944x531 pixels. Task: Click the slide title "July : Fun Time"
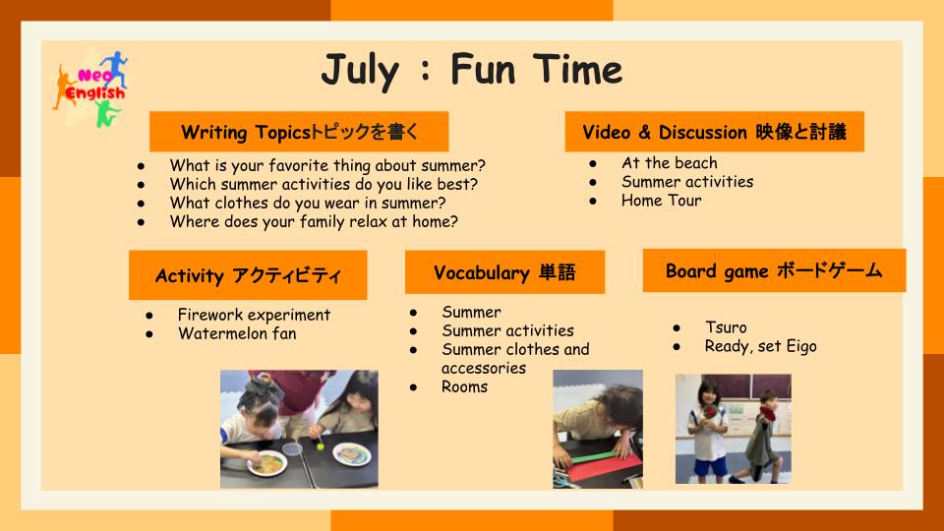click(471, 70)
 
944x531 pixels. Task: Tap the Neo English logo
click(90, 88)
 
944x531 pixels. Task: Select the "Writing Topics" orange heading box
click(299, 131)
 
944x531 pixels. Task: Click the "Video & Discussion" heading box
click(714, 131)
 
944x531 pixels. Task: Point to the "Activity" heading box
click(248, 275)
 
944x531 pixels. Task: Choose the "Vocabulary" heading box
click(504, 272)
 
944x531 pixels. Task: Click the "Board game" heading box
click(774, 270)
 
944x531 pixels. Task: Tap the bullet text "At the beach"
click(670, 162)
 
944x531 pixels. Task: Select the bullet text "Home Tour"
click(661, 201)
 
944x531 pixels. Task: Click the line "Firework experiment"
click(254, 315)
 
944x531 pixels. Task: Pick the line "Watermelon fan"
click(237, 333)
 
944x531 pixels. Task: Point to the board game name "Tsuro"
click(726, 327)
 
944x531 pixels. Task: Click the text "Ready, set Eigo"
click(760, 347)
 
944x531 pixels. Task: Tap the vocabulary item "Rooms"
click(464, 386)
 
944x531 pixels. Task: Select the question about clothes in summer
click(308, 203)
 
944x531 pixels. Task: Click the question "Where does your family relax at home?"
click(314, 221)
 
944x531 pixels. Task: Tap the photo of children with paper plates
click(299, 429)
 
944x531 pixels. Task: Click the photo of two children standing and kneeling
click(734, 429)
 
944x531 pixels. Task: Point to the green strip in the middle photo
click(595, 455)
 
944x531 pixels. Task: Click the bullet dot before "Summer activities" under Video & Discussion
click(593, 183)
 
